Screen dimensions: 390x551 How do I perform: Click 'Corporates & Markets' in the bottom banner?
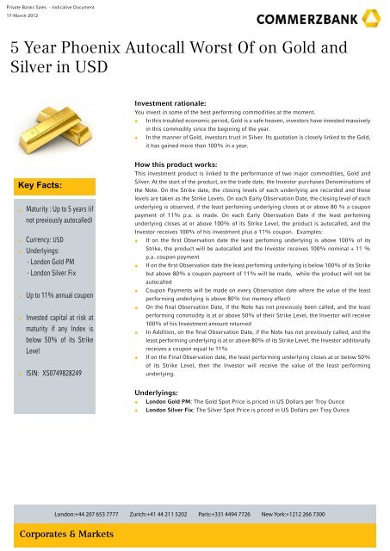click(x=62, y=534)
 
